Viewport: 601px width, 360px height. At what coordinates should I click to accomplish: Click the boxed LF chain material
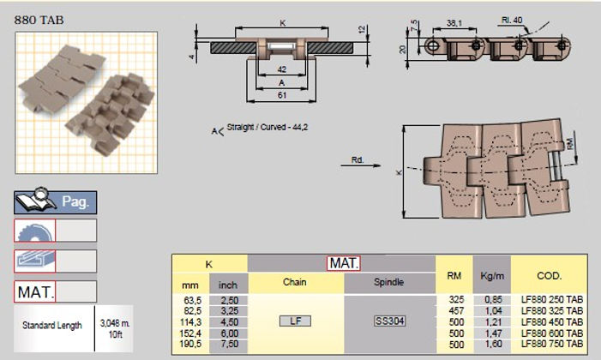pos(295,321)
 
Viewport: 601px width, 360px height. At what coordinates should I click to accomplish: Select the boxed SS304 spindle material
pos(390,321)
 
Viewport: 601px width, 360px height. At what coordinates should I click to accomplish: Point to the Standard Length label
pos(52,325)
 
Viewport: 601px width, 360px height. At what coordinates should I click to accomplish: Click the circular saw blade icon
pos(34,230)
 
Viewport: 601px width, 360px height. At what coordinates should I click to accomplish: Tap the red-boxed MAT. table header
pos(344,262)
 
